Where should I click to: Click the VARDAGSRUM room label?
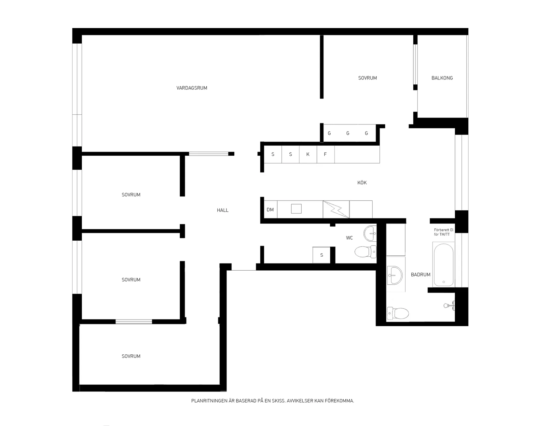click(192, 88)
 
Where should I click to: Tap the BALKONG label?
click(442, 78)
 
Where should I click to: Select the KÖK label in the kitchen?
click(362, 183)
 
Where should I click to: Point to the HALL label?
click(223, 210)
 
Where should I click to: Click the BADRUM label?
click(420, 275)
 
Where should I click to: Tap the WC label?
click(349, 238)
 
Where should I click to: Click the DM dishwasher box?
click(270, 209)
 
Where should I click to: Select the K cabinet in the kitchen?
click(308, 154)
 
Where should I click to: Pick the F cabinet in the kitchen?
click(325, 154)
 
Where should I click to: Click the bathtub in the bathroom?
click(443, 264)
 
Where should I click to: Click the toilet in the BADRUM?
click(398, 313)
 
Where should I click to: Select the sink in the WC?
click(370, 233)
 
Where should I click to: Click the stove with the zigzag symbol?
click(336, 209)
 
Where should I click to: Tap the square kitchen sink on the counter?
click(296, 209)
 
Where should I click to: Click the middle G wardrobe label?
click(348, 133)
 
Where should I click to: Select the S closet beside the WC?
click(322, 255)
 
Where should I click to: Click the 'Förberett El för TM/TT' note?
click(444, 232)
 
